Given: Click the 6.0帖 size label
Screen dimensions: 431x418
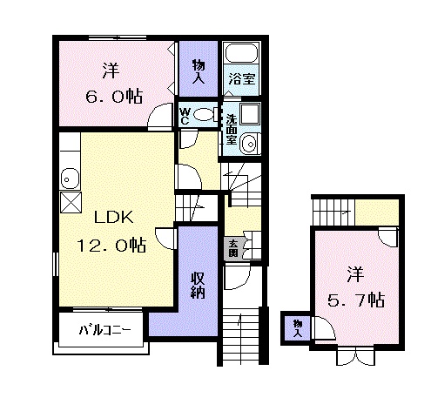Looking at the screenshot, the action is (x=114, y=97).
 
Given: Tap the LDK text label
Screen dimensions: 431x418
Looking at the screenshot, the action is (x=113, y=217).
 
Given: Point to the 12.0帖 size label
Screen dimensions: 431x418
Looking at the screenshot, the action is (x=111, y=245).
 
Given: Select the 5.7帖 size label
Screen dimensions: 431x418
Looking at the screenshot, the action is (x=356, y=300).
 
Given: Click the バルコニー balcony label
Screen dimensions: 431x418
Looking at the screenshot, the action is (x=104, y=330).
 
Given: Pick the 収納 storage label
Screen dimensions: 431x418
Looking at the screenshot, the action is (x=198, y=286).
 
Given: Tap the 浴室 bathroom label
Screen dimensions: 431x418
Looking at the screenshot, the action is (x=241, y=78).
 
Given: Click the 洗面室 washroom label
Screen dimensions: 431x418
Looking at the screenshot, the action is (x=232, y=129).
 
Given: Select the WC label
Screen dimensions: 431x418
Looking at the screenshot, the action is (x=185, y=116).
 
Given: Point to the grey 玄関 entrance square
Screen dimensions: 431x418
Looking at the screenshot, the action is (x=233, y=248).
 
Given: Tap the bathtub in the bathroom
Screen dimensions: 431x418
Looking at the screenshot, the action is (x=242, y=52).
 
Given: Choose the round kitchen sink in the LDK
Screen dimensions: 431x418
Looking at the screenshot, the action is (x=70, y=179).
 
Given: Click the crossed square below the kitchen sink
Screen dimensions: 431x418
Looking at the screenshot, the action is (x=71, y=202).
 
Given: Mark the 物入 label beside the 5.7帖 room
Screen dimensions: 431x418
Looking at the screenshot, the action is (x=298, y=328).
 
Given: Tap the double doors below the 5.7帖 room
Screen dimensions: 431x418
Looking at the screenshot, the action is (x=355, y=356).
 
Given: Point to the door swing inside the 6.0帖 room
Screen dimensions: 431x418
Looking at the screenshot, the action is (x=160, y=115).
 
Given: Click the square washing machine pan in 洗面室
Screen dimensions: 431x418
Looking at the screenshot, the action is (x=250, y=113).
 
